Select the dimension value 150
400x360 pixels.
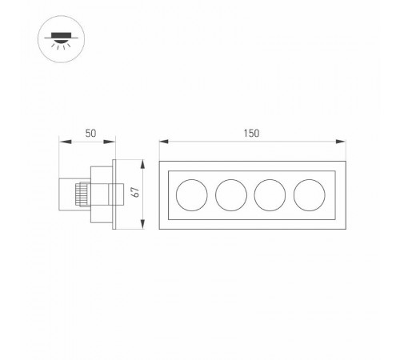click(251, 134)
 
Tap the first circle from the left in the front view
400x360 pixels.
click(190, 194)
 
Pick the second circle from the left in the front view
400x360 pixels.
click(230, 194)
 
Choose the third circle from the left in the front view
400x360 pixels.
click(270, 194)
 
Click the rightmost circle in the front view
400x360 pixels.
click(309, 194)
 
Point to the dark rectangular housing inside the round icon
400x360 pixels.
click(56, 34)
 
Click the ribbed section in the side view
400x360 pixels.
click(80, 194)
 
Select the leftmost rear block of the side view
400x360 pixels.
click(69, 194)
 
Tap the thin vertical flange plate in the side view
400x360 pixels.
click(117, 194)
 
